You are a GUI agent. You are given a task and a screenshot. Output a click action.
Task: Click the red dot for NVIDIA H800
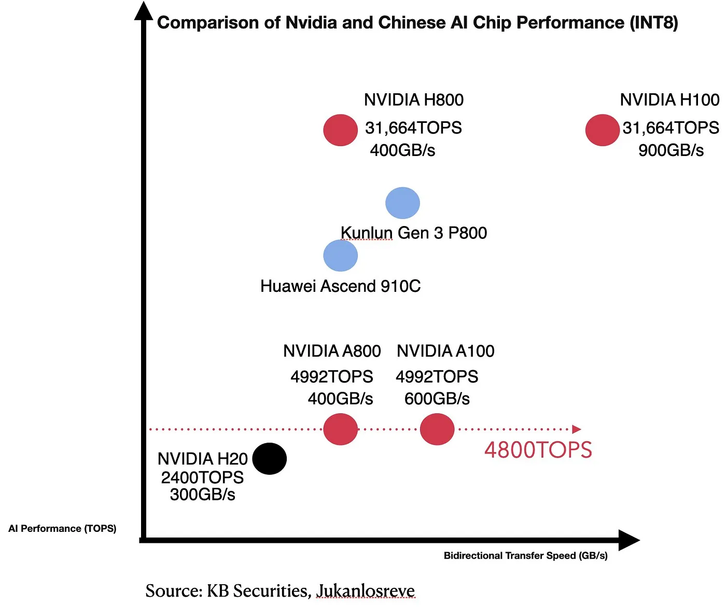[x=340, y=130]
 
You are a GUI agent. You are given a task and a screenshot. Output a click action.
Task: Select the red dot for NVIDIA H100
[x=602, y=130]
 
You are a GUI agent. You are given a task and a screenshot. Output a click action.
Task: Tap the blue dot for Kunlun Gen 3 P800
[x=402, y=203]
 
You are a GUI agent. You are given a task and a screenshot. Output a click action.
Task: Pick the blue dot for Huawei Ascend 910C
[x=340, y=255]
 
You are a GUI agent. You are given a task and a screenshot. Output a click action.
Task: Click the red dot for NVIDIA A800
[x=340, y=429]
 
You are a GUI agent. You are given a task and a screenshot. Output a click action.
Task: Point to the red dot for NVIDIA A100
[x=437, y=429]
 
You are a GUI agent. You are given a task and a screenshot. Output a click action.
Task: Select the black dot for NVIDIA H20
[x=269, y=459]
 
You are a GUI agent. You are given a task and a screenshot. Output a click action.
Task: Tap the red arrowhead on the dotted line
[x=577, y=429]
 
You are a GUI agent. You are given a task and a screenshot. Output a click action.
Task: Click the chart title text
[x=417, y=23]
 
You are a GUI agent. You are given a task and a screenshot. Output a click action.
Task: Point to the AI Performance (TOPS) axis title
[x=62, y=528]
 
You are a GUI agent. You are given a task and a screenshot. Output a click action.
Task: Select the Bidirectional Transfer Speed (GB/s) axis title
[x=525, y=556]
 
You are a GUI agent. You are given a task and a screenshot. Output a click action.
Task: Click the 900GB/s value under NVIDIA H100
[x=671, y=150]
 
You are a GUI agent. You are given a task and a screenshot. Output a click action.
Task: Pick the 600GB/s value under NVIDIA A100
[x=437, y=399]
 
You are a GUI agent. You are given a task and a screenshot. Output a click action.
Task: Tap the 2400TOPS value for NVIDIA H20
[x=202, y=477]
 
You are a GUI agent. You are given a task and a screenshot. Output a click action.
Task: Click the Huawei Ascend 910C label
[x=340, y=286]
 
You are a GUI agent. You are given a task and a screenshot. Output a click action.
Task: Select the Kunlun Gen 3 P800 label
[x=413, y=233]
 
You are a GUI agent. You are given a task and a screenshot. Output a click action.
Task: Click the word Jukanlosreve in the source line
[x=365, y=590]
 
